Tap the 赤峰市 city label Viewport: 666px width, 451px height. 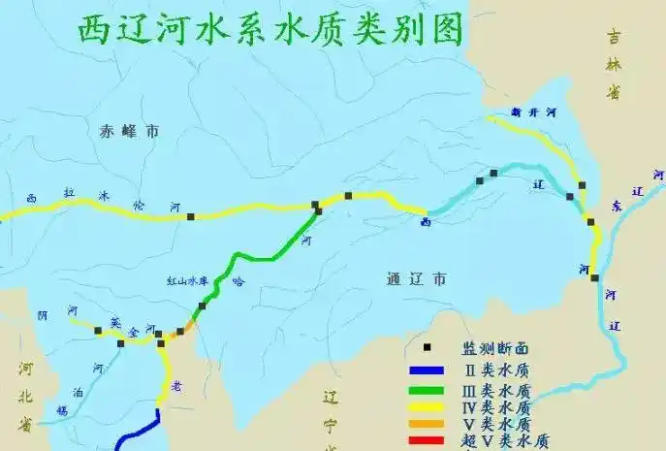tap(128, 132)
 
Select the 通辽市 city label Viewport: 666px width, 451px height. tap(415, 279)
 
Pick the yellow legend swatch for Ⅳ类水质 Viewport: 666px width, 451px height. tap(427, 407)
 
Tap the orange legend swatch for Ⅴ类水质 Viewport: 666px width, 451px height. tap(427, 425)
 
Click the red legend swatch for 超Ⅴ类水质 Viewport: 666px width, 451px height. tap(427, 441)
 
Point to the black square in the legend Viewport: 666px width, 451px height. tap(427, 347)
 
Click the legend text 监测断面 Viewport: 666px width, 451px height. tap(494, 349)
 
